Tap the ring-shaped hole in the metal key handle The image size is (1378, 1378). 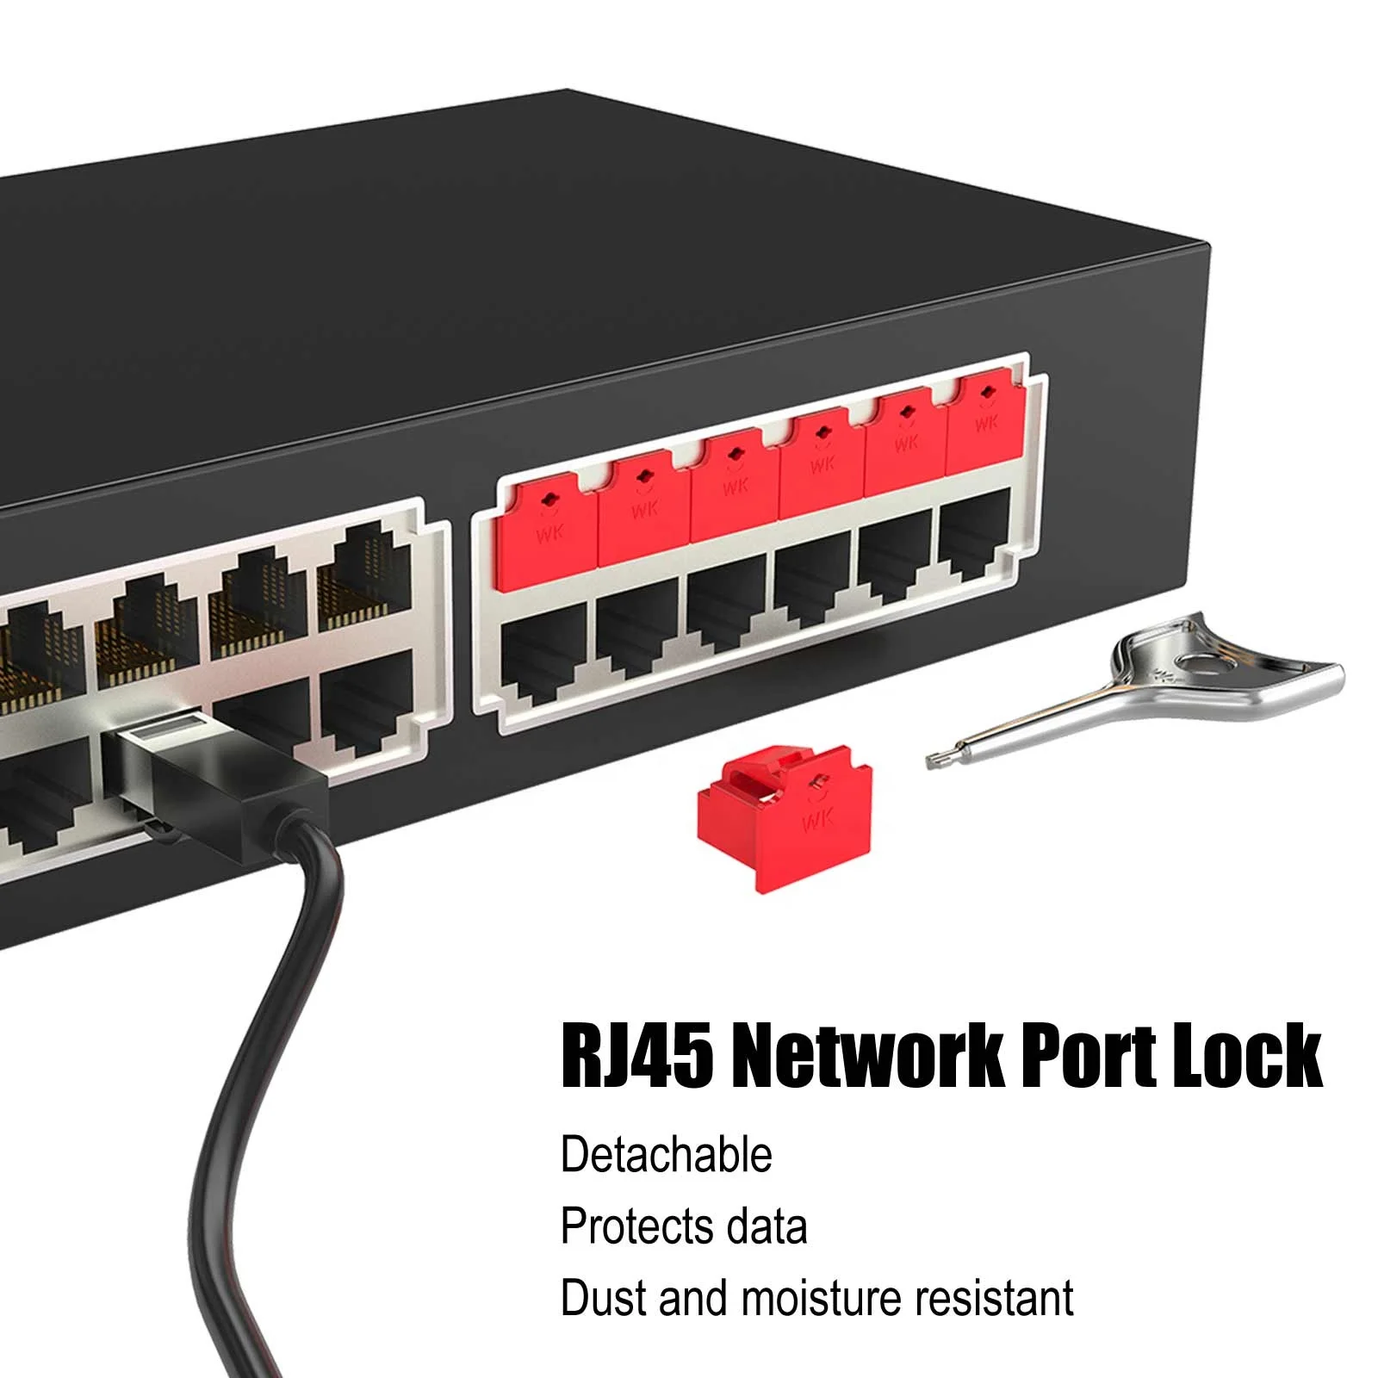[1198, 662]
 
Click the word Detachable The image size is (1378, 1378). [667, 1155]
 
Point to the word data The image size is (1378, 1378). [765, 1226]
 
